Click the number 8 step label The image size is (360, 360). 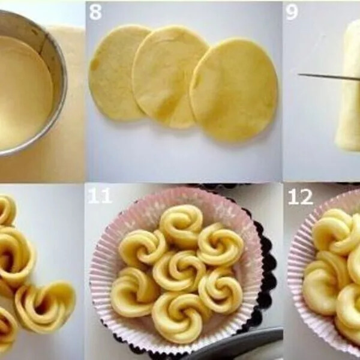tap(95, 12)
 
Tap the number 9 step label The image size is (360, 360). tap(292, 12)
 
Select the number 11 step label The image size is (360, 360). tap(100, 196)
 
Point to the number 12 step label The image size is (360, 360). tap(300, 196)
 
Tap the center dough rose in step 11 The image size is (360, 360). tap(173, 270)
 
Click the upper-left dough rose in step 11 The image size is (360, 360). tap(142, 247)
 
